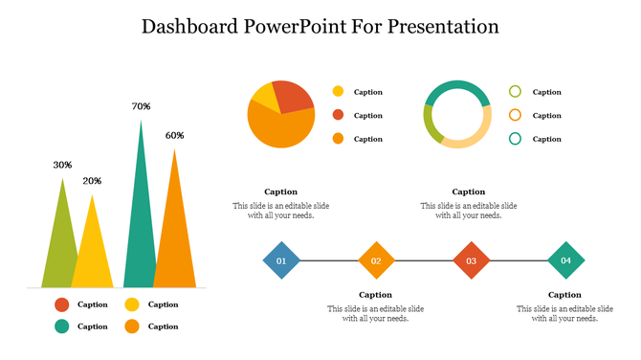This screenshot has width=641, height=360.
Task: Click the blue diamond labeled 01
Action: click(281, 260)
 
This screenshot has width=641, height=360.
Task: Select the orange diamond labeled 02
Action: click(376, 260)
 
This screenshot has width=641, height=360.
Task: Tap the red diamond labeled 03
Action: click(471, 260)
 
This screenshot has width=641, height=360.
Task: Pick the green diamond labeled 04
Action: click(565, 260)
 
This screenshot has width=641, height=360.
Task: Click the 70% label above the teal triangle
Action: click(141, 106)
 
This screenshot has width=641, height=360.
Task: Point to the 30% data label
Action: click(62, 165)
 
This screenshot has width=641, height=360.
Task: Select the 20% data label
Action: click(92, 181)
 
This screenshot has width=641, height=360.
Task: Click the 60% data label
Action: click(174, 135)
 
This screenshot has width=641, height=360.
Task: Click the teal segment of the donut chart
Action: click(456, 88)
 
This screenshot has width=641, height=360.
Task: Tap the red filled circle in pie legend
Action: click(338, 116)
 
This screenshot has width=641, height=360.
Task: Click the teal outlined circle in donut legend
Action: click(515, 139)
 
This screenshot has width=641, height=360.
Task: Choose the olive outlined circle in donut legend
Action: click(515, 92)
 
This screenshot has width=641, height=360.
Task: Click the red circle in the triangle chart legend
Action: click(62, 304)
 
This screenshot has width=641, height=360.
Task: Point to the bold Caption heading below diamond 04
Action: click(564, 295)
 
